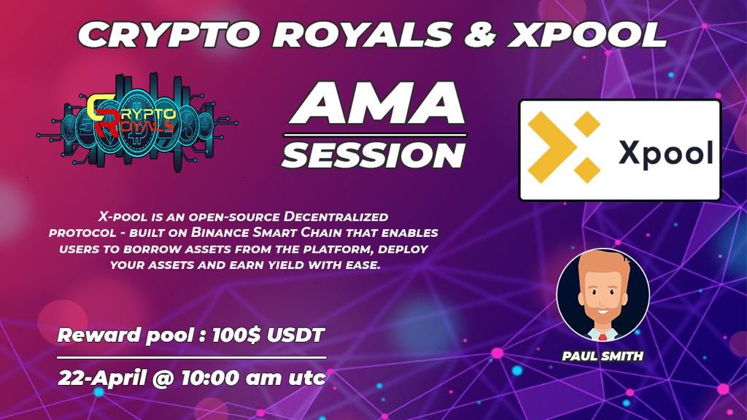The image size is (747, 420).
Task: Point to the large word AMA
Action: point(375,104)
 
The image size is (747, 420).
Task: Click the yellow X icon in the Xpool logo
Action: point(564,149)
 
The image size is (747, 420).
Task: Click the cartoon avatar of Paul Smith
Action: point(603,295)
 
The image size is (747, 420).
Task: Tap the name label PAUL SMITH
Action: point(603,357)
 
